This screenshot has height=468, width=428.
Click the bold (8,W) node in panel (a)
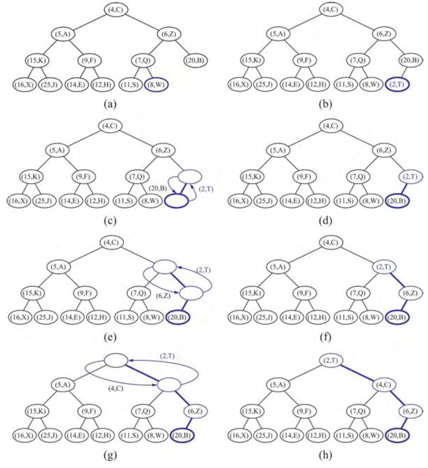[x=156, y=85]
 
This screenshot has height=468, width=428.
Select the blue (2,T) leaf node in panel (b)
[x=397, y=85]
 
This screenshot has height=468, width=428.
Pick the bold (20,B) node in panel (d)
[x=397, y=201]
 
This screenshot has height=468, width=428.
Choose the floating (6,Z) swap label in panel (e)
[x=164, y=296]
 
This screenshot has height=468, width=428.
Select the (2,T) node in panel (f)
[x=384, y=267]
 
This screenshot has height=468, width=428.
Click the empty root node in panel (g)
[x=116, y=361]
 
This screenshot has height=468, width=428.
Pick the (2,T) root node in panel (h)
[x=331, y=361]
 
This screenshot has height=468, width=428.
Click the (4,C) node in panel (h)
[x=384, y=384]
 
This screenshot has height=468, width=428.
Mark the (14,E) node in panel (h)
[x=293, y=436]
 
